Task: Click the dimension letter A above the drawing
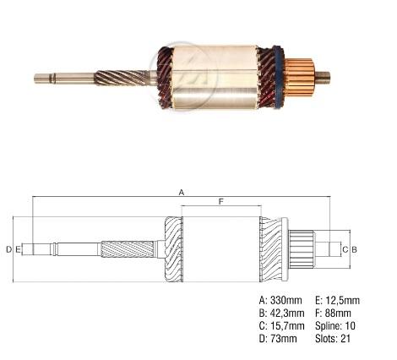(182, 192)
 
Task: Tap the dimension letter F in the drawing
(221, 201)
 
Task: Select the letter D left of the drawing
(9, 249)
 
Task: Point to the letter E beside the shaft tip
(18, 249)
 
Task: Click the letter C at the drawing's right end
(345, 249)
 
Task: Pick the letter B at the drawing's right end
(354, 249)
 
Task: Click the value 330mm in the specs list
(286, 300)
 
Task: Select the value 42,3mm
(287, 313)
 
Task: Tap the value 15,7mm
(287, 326)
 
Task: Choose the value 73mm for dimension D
(284, 338)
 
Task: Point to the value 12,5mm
(342, 300)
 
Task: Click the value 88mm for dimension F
(338, 313)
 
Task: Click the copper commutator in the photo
(299, 78)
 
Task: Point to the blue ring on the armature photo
(278, 77)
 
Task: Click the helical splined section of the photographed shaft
(121, 78)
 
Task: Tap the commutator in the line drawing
(302, 249)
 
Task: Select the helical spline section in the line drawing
(128, 249)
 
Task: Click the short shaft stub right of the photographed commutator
(322, 78)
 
